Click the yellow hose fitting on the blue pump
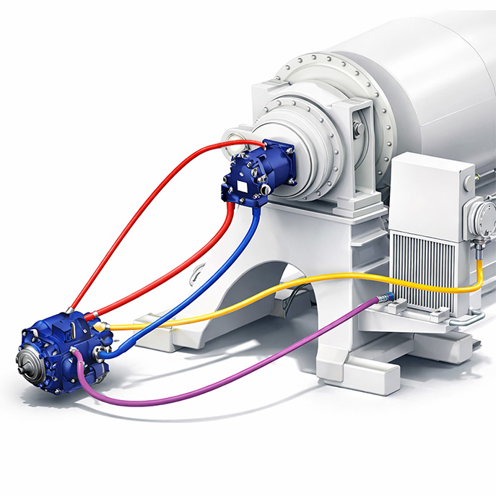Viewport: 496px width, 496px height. coord(108,326)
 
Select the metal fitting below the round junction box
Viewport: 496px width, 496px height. coord(478,249)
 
